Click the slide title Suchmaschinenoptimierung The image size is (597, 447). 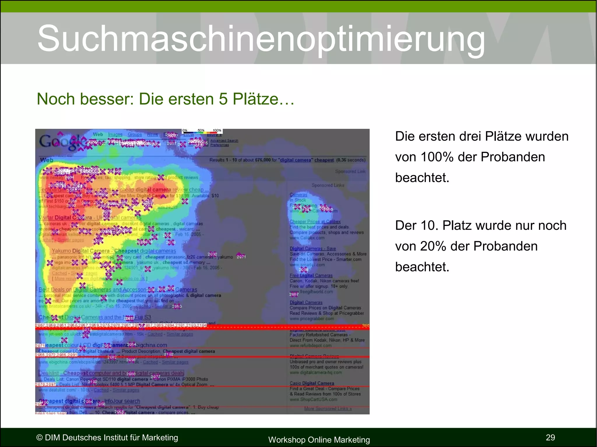click(261, 38)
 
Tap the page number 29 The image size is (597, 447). click(550, 437)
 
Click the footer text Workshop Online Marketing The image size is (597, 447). click(319, 440)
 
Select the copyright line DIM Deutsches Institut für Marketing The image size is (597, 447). click(107, 437)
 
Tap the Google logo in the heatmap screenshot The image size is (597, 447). click(60, 142)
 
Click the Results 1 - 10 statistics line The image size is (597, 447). click(287, 160)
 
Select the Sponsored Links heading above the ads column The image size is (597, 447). click(328, 185)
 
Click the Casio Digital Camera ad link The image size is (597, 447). click(312, 383)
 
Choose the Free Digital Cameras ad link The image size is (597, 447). click(311, 275)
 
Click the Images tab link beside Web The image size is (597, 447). click(115, 135)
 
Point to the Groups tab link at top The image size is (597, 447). click(134, 135)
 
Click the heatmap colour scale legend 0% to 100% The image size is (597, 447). click(202, 131)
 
